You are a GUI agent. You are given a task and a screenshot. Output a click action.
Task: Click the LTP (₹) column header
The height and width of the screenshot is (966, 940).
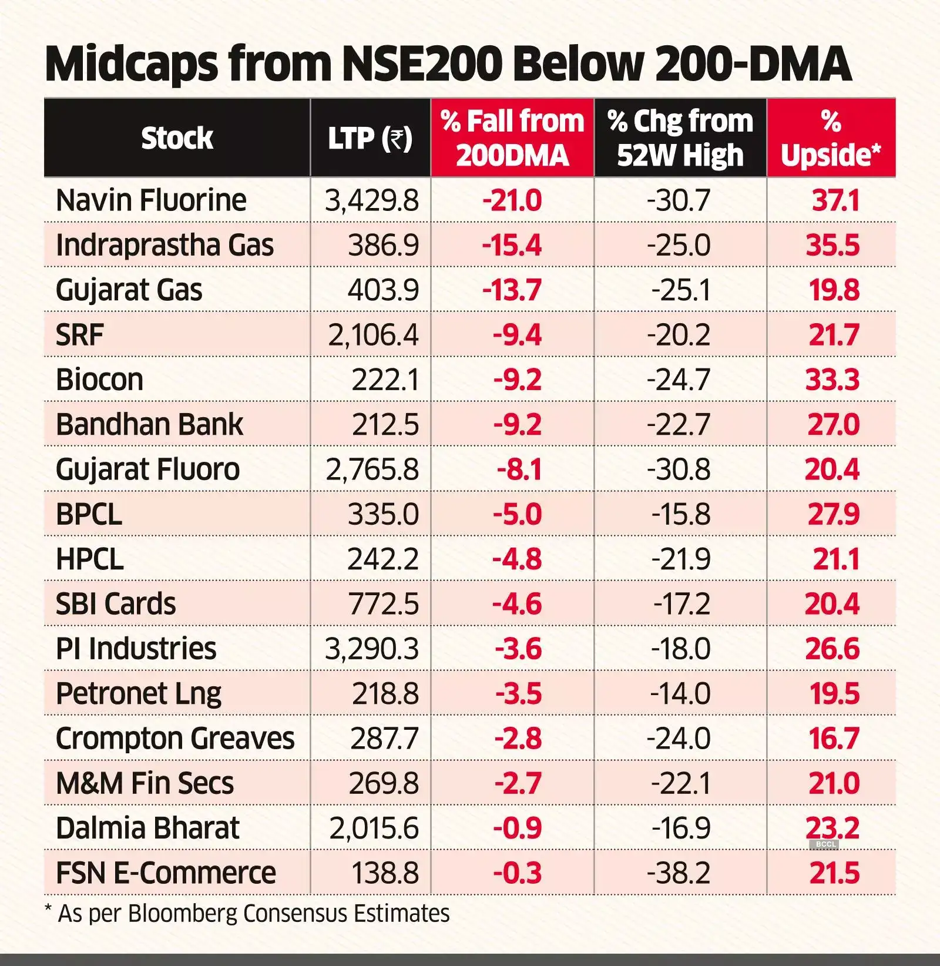point(370,139)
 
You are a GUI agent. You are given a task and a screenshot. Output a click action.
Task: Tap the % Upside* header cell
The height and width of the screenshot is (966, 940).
point(831,139)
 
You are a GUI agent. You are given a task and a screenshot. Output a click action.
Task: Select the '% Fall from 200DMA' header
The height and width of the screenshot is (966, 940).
point(512,139)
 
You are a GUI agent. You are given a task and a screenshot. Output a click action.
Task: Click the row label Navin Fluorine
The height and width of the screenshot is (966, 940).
point(151,200)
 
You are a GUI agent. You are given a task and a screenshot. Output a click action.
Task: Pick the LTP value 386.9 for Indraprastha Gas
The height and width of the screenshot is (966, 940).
point(383,245)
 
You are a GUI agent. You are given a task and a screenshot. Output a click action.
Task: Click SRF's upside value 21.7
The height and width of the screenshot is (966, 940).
point(834,335)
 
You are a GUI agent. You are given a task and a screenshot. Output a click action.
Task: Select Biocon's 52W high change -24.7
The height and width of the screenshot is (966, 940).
point(679,380)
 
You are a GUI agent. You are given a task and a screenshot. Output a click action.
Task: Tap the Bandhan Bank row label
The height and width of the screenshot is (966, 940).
point(149,424)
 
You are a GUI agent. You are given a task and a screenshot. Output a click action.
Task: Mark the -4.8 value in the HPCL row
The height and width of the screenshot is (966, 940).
point(516,559)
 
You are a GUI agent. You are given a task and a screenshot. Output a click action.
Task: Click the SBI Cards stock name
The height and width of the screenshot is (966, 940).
point(116,604)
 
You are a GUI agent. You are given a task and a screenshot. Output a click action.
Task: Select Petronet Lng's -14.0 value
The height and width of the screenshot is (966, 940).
point(680,693)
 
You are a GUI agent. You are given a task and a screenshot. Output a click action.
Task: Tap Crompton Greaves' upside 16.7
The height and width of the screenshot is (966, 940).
point(834,739)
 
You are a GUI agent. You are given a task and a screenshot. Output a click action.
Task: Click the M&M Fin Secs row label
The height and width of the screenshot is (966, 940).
point(145,783)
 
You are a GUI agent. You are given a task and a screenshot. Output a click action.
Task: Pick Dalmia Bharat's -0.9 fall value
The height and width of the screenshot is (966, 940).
point(517,828)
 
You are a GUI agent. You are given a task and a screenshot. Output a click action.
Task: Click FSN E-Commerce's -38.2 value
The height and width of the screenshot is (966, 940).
point(679,873)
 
